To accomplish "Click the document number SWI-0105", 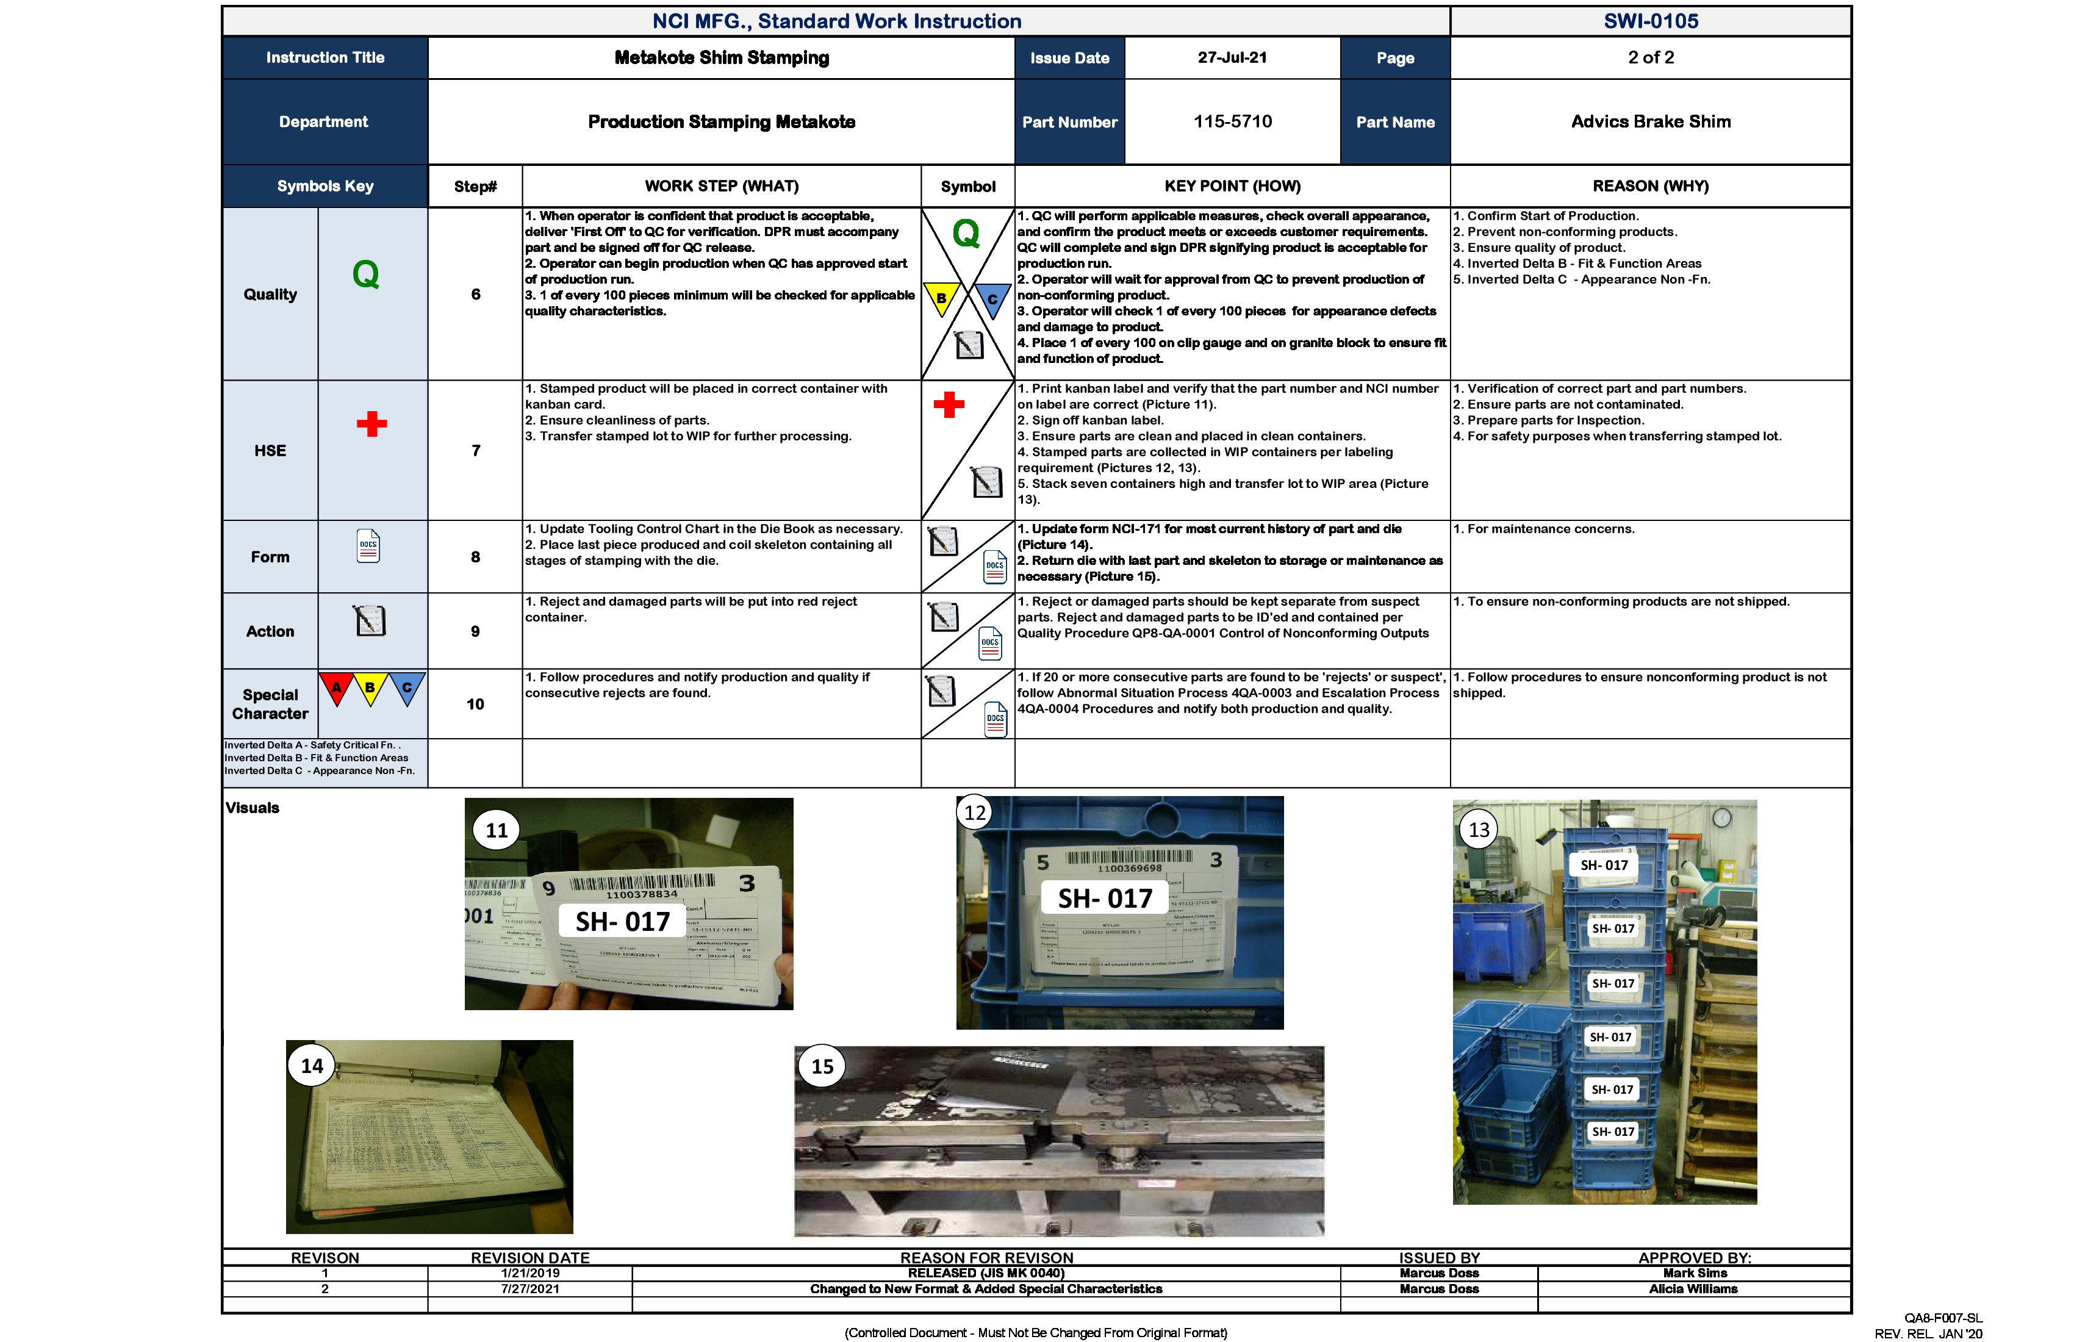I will coord(1651,21).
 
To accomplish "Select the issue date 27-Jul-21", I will coord(1232,57).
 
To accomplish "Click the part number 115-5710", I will coord(1232,121).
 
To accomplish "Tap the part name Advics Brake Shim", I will coord(1651,121).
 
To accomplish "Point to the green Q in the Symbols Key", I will coord(366,274).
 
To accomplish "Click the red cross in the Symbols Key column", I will coord(371,425).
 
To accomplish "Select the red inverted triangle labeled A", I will coord(336,687).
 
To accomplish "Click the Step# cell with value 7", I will coord(476,451).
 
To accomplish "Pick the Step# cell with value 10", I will coord(475,704).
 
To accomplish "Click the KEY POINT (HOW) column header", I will coord(1232,185).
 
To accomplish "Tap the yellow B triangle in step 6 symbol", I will coord(941,298).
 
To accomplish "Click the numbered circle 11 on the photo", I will coord(497,830).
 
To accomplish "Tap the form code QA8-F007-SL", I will coord(1943,1318).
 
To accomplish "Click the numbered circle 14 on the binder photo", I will coord(312,1066).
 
